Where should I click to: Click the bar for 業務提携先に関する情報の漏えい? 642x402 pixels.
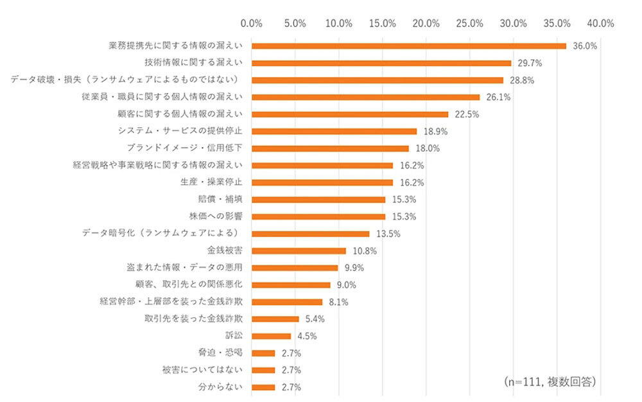tap(408, 46)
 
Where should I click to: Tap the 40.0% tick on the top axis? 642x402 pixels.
tap(600, 23)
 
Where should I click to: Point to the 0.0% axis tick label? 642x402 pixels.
tap(251, 23)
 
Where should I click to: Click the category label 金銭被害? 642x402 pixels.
tap(225, 250)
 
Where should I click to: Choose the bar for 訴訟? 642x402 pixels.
tap(271, 336)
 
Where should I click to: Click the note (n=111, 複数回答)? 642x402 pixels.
tap(550, 381)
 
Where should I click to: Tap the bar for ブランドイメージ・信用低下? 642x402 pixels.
tap(330, 148)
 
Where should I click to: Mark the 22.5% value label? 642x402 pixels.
tap(467, 114)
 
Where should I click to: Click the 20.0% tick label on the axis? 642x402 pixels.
tap(426, 23)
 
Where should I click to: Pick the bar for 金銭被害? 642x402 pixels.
tap(299, 250)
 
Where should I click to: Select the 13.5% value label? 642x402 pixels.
tap(388, 234)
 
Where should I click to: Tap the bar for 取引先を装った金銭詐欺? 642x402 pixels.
tap(275, 319)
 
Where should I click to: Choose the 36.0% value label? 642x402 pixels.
tap(585, 46)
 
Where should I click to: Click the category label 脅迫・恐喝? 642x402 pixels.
tap(220, 353)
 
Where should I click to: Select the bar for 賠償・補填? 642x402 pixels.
tap(318, 200)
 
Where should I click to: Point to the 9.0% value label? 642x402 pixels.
tap(346, 285)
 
